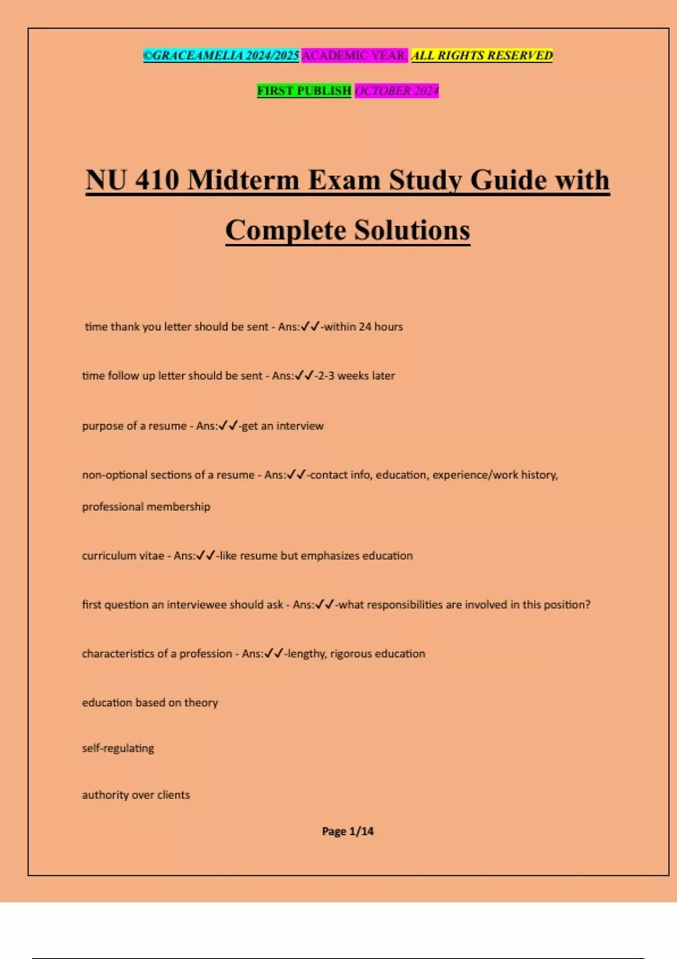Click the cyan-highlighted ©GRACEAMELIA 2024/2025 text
(x=221, y=55)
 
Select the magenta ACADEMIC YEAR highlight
(x=354, y=55)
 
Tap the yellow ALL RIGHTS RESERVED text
(x=482, y=55)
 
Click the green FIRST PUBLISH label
(x=304, y=90)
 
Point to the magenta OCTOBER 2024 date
(x=397, y=90)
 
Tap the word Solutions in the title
(x=412, y=230)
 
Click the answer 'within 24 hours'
(x=363, y=327)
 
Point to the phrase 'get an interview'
(x=283, y=426)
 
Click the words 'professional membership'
(x=146, y=507)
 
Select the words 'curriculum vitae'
(x=123, y=556)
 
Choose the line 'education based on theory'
(x=150, y=703)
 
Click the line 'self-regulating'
(x=118, y=749)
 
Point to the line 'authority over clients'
(x=136, y=795)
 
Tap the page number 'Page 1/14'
(x=348, y=831)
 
